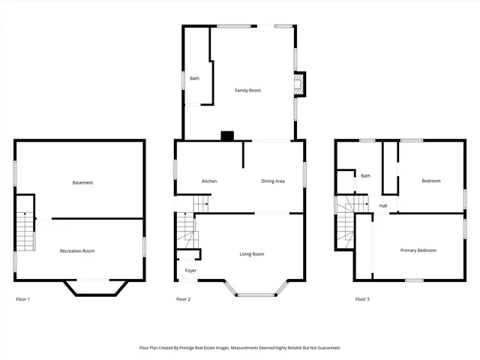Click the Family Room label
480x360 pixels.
[x=247, y=91]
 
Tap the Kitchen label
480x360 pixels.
[x=209, y=181]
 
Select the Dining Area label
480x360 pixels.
[x=273, y=181]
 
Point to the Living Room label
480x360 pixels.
[x=252, y=254]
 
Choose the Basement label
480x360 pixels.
[x=82, y=183]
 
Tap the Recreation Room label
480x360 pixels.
[x=77, y=251]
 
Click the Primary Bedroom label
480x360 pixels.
[x=418, y=250]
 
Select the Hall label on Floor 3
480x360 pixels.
[x=382, y=205]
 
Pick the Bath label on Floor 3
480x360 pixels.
[x=365, y=176]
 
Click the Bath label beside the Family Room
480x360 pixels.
[x=194, y=79]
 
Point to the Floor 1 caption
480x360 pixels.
[x=23, y=299]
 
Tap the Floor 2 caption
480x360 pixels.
[x=183, y=299]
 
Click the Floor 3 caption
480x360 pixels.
[x=362, y=299]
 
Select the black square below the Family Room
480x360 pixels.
[x=227, y=136]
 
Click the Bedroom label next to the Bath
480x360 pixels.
[x=430, y=181]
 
